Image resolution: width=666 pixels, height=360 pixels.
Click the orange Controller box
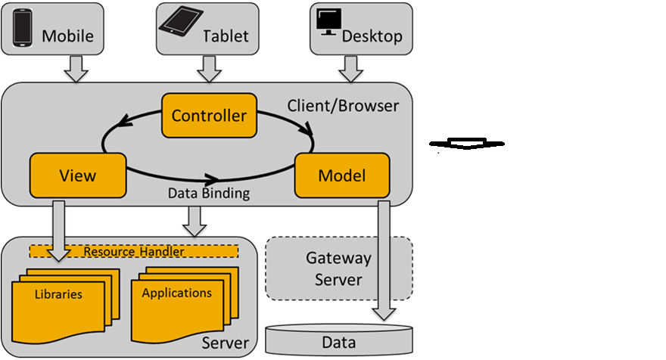(x=209, y=116)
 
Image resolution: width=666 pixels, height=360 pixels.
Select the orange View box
(x=77, y=175)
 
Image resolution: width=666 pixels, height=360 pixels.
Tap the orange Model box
(x=341, y=175)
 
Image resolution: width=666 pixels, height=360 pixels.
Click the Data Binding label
(x=208, y=194)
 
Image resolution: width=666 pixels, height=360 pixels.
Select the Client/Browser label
(x=342, y=106)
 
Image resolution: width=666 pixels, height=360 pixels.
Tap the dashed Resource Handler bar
(x=133, y=250)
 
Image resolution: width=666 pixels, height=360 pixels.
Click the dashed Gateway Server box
(x=338, y=268)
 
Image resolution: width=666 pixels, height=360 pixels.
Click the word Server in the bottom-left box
(x=225, y=343)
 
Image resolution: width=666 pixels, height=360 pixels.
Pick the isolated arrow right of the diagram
(x=467, y=143)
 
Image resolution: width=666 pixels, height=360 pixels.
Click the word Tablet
(x=226, y=36)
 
